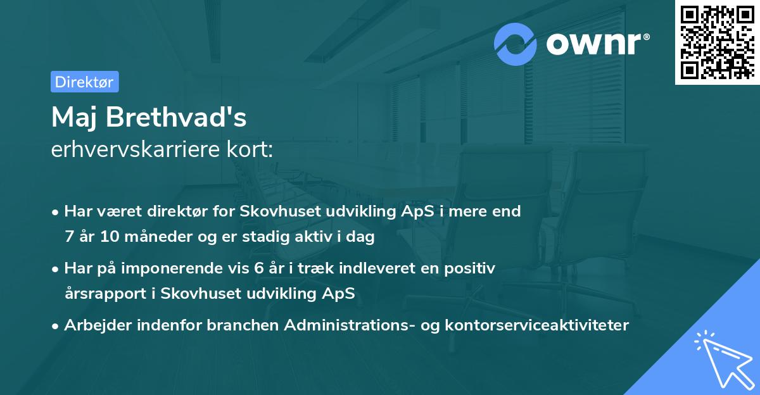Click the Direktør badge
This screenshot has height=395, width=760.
(x=84, y=82)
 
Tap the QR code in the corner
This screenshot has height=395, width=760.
(x=717, y=42)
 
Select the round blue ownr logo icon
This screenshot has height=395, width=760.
(x=516, y=44)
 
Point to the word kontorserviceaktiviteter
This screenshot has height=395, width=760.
(x=537, y=325)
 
